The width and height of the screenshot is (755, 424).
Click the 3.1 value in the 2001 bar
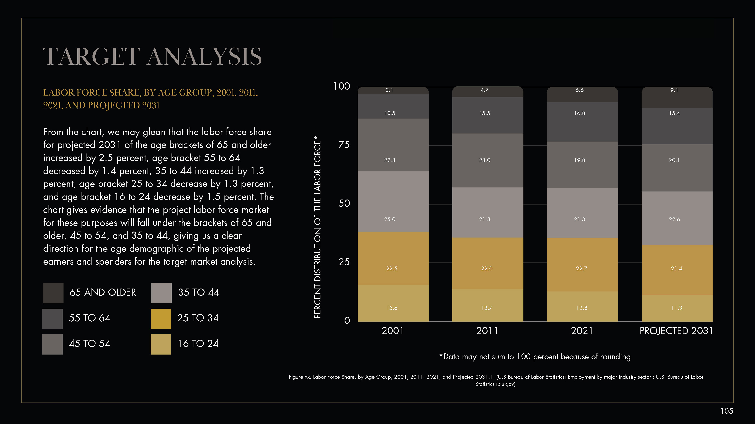pyautogui.click(x=389, y=90)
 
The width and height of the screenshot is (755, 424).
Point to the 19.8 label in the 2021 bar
pyautogui.click(x=579, y=160)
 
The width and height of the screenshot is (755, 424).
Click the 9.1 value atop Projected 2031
pyautogui.click(x=674, y=90)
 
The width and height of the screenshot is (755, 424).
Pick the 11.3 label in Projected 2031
pyautogui.click(x=676, y=308)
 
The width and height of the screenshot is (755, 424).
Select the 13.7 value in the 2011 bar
pyautogui.click(x=487, y=308)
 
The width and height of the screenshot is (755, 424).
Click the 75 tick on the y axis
pyautogui.click(x=344, y=145)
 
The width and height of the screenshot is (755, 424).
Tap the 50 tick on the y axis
pyautogui.click(x=344, y=203)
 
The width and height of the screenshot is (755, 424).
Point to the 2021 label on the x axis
pyautogui.click(x=582, y=331)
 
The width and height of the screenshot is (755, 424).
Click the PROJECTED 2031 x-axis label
pyautogui.click(x=676, y=331)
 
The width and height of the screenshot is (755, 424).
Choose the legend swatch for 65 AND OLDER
pyautogui.click(x=53, y=293)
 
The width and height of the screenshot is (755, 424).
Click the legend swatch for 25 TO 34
pyautogui.click(x=161, y=318)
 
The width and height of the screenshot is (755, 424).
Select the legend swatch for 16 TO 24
pyautogui.click(x=161, y=344)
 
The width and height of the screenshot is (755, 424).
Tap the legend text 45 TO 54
pyautogui.click(x=89, y=344)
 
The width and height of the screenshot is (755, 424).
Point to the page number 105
pyautogui.click(x=726, y=411)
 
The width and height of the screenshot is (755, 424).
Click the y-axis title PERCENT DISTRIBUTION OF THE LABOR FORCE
pyautogui.click(x=317, y=227)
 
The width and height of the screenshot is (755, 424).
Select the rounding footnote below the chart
pyautogui.click(x=535, y=357)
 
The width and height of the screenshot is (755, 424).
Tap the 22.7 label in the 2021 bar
pyautogui.click(x=582, y=269)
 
